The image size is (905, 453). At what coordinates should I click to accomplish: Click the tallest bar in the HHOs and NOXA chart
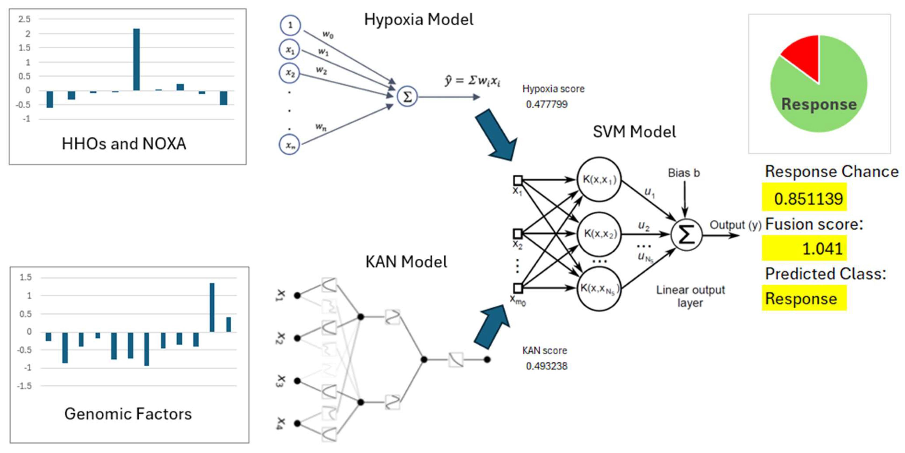coord(136,59)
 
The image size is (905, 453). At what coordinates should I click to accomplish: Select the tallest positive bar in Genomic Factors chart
coord(212,307)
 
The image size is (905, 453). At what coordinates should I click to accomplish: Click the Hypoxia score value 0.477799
coord(547,104)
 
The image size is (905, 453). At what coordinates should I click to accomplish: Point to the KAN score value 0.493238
coord(547,366)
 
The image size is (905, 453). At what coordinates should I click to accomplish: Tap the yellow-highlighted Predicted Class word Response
coord(801,299)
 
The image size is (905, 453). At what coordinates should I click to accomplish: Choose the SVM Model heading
coord(634,132)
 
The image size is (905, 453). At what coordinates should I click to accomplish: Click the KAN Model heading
coord(406,262)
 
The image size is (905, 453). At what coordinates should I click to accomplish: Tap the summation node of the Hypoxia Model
coord(407,96)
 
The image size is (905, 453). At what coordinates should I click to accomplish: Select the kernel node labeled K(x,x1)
coord(599,179)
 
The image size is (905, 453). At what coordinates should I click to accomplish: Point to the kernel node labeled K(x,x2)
coord(599,234)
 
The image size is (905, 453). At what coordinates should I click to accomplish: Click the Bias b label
coord(684,173)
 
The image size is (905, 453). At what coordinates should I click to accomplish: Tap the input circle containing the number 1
coord(290,25)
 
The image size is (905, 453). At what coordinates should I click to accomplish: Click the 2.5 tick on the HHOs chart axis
coord(24,19)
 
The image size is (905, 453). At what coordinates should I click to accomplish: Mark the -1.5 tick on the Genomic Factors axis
coord(24,386)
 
